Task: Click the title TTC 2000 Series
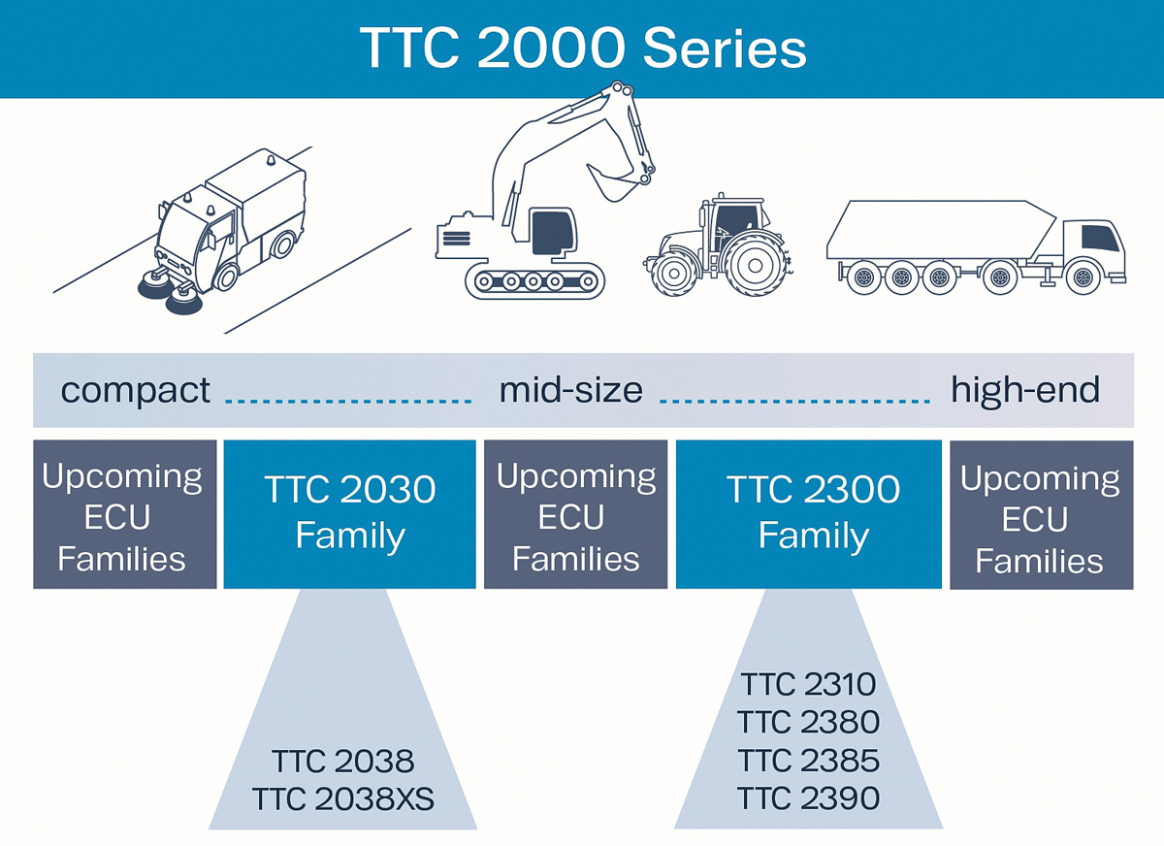pos(582,48)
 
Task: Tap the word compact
pos(135,390)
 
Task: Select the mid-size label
pos(570,390)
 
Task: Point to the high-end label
pos(1025,390)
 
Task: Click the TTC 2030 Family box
pos(349,513)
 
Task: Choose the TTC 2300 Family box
pos(808,513)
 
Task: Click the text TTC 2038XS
pos(342,799)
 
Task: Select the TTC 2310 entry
pos(808,685)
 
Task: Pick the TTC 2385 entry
pos(808,761)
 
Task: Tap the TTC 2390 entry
pos(808,798)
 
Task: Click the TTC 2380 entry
pos(808,723)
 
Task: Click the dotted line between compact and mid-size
pos(347,399)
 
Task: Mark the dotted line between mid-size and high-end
pos(793,399)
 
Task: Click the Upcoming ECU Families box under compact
pos(124,515)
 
